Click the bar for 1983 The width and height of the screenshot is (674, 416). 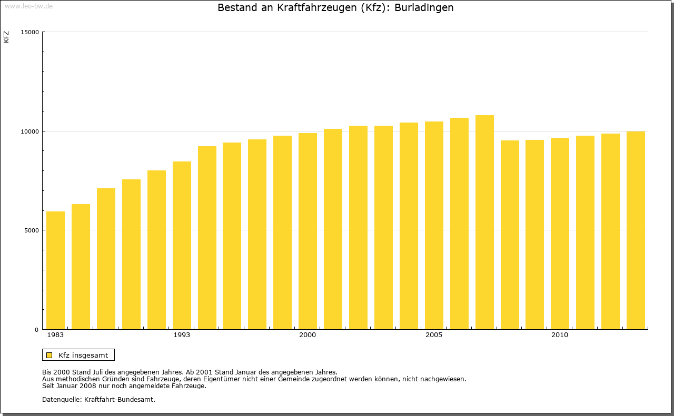(55, 270)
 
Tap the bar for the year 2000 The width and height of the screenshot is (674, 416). (308, 231)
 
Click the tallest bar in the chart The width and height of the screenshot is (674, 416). (484, 222)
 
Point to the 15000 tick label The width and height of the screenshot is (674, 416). (30, 32)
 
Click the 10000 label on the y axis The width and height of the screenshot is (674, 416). (30, 131)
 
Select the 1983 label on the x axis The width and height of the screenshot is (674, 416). (55, 335)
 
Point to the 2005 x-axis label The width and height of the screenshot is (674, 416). (434, 335)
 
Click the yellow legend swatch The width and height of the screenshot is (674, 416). (49, 355)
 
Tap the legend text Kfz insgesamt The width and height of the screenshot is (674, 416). (83, 355)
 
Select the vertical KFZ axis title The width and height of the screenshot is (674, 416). (6, 37)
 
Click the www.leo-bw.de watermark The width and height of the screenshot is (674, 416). (28, 5)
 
